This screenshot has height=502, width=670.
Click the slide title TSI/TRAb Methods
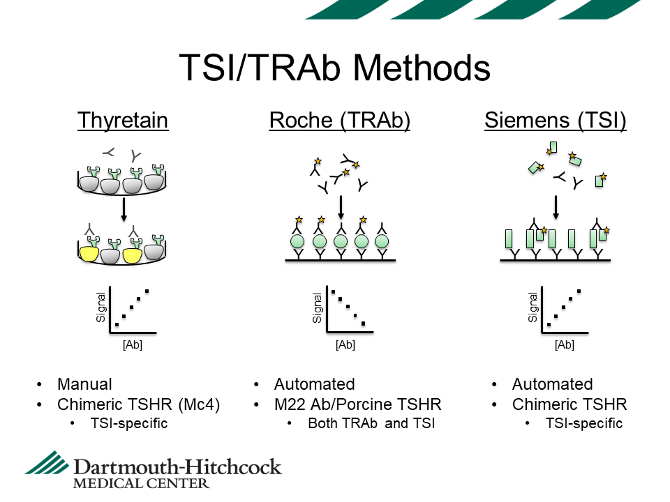(x=335, y=68)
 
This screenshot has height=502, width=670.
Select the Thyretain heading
(x=123, y=121)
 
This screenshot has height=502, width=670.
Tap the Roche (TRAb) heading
(x=339, y=121)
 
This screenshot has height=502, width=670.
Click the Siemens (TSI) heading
(x=556, y=121)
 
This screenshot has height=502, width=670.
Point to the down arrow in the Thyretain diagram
(x=124, y=210)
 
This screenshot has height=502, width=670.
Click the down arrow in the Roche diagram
(x=341, y=206)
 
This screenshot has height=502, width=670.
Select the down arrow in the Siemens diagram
(x=556, y=206)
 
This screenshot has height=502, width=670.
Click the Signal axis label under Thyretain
(x=100, y=308)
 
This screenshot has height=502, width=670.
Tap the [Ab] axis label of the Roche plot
(x=345, y=344)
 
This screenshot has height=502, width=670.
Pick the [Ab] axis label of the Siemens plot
(x=564, y=344)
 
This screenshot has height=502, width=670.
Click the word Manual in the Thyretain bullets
(x=84, y=384)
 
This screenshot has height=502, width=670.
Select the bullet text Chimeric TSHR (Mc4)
(x=139, y=404)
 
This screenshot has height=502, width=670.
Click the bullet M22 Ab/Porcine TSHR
(x=357, y=404)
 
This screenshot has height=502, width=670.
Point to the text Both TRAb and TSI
(x=371, y=423)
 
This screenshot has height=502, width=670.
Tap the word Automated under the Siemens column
(x=552, y=384)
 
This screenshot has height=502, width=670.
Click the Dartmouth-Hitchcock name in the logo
(x=177, y=466)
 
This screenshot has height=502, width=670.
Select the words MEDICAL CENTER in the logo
(x=141, y=482)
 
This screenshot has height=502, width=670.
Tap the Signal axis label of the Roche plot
(x=318, y=308)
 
